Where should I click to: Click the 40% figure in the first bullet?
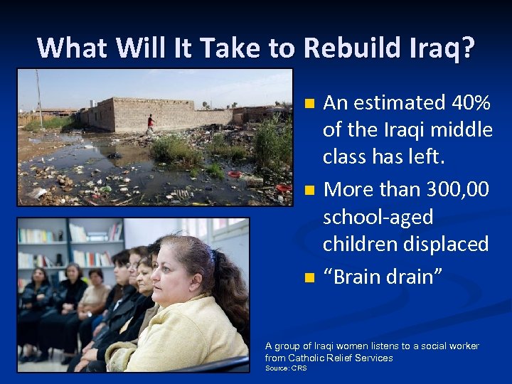coord(471,103)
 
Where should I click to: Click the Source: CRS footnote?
coord(286,368)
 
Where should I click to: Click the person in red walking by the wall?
coord(150,124)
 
